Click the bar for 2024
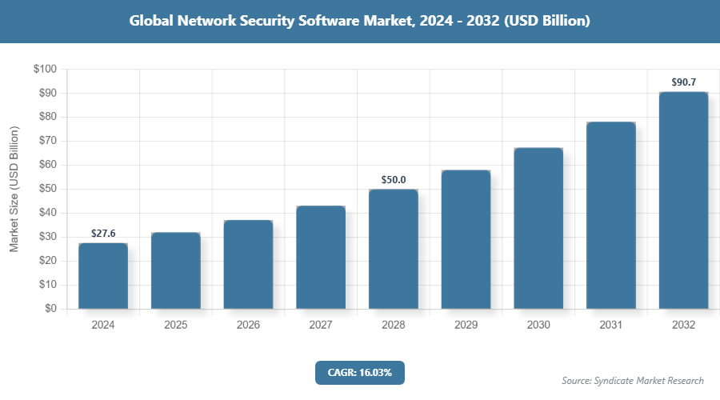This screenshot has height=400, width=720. coord(103,276)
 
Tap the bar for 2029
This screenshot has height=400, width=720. coord(466,239)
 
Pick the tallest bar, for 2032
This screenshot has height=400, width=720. coord(683,200)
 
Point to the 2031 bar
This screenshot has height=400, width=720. coord(610,215)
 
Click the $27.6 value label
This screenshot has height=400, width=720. coord(103,234)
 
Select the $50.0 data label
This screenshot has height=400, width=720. coord(393,180)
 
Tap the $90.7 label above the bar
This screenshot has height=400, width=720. coord(683,82)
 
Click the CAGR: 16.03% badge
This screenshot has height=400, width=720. coord(359,373)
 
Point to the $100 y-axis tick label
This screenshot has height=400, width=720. coord(45,70)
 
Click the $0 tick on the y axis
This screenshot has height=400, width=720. coord(50,309)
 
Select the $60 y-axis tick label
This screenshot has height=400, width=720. coord(47,166)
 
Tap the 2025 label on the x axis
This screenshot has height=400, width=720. coord(176,326)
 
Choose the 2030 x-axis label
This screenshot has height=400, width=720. coord(538,326)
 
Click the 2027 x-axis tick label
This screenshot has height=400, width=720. coord(321,326)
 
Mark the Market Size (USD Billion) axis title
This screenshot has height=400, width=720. coord(14,189)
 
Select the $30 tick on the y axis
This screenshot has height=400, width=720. coord(47,237)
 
